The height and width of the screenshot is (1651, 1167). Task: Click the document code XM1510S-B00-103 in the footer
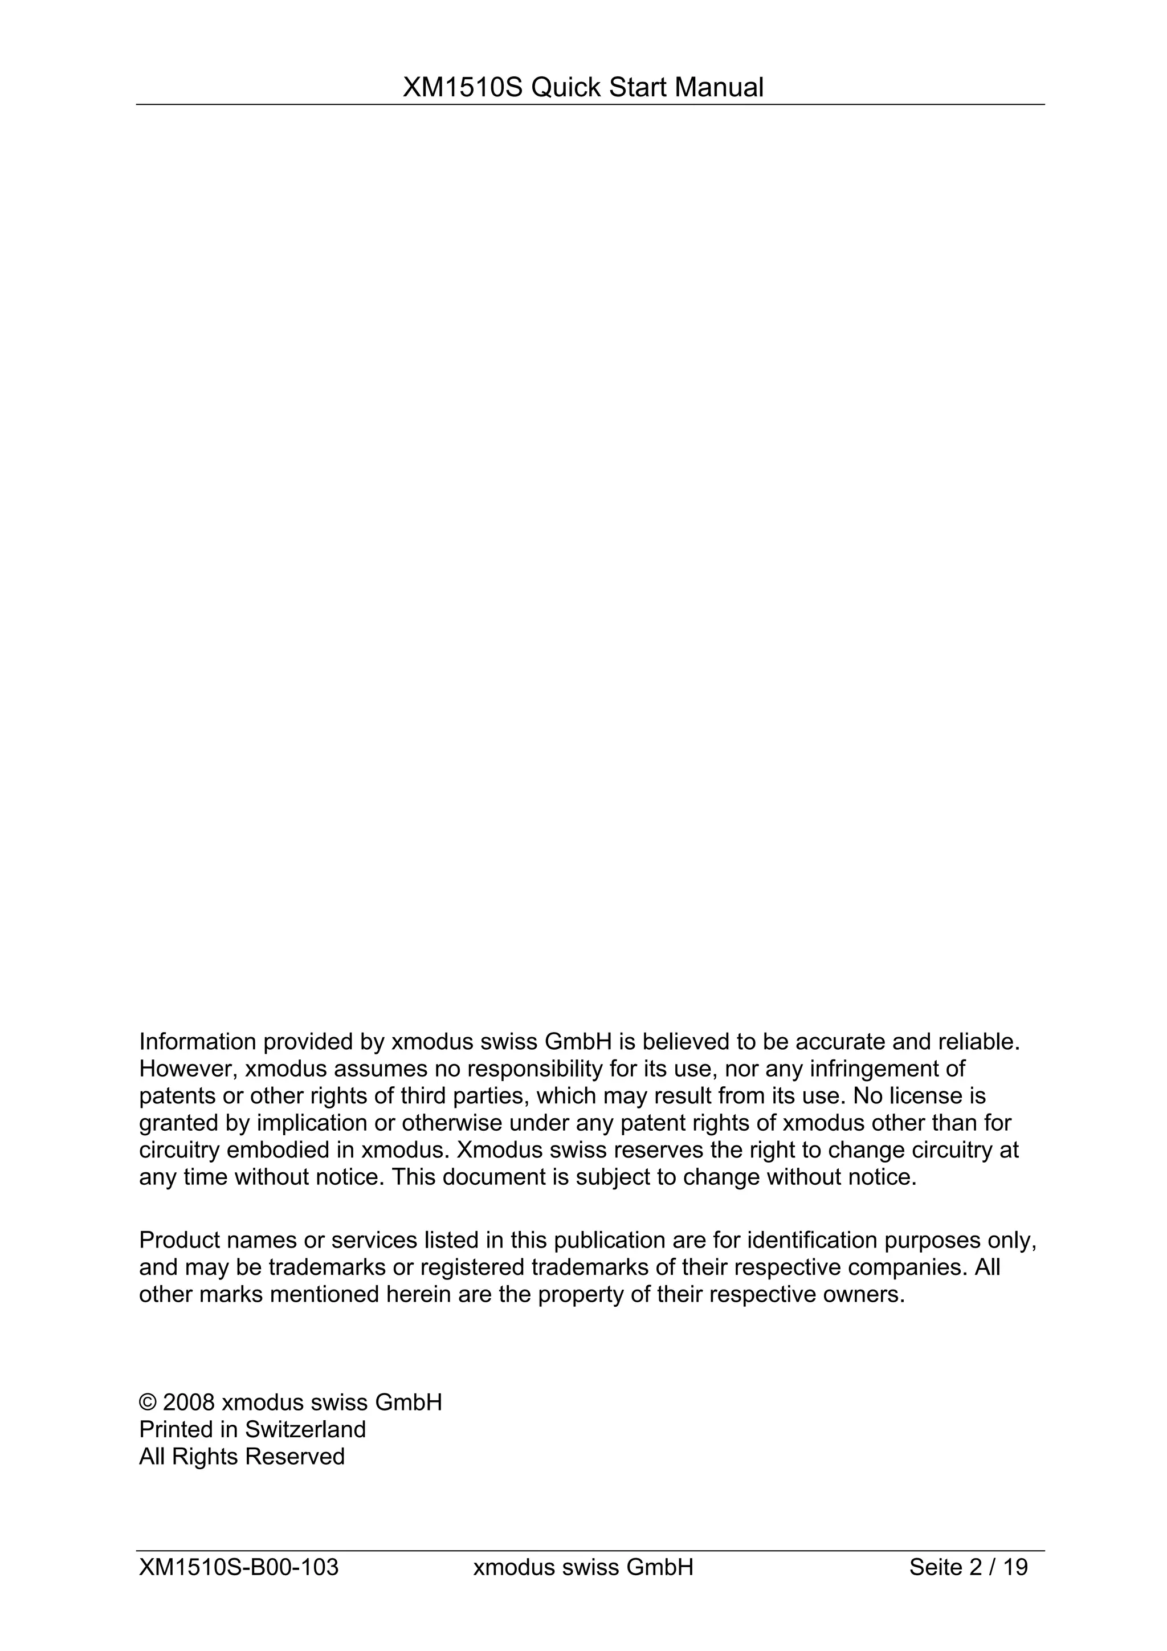tap(239, 1567)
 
